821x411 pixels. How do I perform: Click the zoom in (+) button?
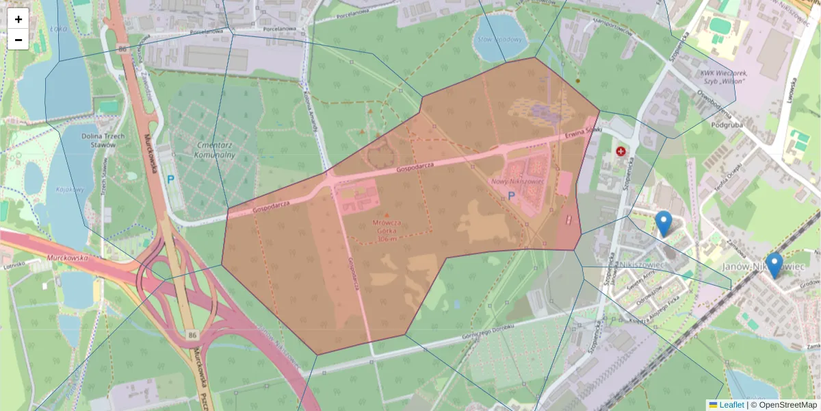(x=18, y=19)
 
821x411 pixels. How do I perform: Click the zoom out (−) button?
(x=18, y=40)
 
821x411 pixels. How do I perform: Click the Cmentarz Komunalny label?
(x=216, y=150)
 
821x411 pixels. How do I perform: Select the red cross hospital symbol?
(x=621, y=151)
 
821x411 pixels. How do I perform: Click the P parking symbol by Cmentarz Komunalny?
(x=170, y=179)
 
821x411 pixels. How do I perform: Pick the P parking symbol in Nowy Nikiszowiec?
(x=510, y=197)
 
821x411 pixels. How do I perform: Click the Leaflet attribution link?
(x=731, y=405)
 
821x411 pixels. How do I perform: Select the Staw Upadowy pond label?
(x=501, y=39)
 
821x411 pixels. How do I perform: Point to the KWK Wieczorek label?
(x=723, y=73)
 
